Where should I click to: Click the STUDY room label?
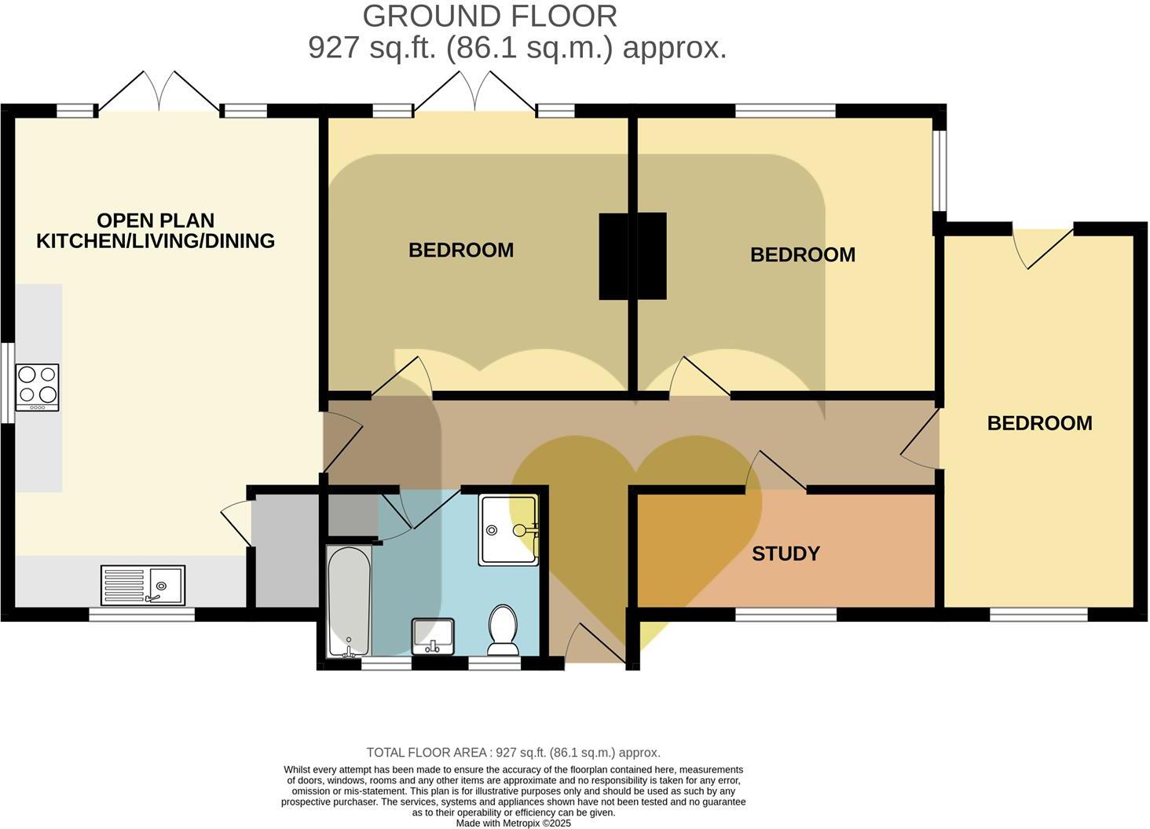click(786, 553)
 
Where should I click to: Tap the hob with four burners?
click(38, 387)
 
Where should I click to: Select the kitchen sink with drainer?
click(143, 585)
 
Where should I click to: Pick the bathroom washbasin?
click(433, 635)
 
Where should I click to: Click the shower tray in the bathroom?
click(508, 529)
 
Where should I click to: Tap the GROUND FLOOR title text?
click(489, 16)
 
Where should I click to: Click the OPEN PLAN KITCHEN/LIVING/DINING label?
click(156, 231)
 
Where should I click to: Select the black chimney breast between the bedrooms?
click(632, 256)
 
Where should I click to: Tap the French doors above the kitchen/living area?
click(159, 93)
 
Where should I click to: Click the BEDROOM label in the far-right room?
click(1039, 423)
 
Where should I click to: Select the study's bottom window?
click(786, 615)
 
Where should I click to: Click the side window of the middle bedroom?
click(939, 170)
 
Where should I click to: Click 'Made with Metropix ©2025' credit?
click(514, 824)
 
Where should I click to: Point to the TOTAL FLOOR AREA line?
click(513, 752)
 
